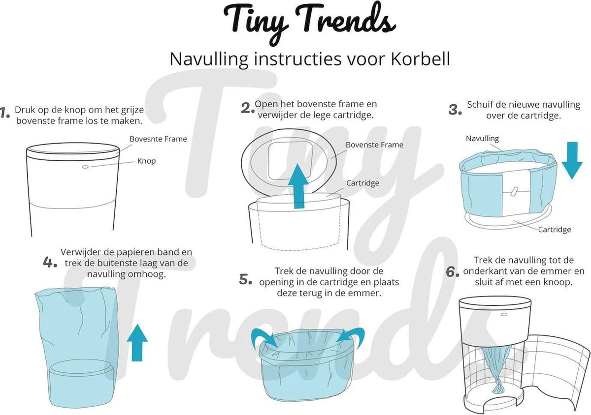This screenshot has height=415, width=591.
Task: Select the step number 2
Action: click(247, 109)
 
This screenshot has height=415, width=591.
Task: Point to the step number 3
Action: click(455, 110)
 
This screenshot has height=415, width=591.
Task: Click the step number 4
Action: click(50, 262)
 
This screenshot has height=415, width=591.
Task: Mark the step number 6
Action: click(453, 272)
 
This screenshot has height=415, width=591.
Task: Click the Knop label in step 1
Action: click(146, 161)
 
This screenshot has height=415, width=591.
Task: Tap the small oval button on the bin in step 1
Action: click(85, 167)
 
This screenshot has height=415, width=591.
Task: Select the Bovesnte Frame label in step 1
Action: click(158, 139)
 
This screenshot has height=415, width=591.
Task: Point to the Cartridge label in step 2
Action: click(362, 183)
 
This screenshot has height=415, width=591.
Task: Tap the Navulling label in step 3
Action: click(482, 139)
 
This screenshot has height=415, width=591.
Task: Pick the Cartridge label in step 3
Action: click(554, 229)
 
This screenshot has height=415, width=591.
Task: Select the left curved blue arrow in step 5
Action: click(263, 338)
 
